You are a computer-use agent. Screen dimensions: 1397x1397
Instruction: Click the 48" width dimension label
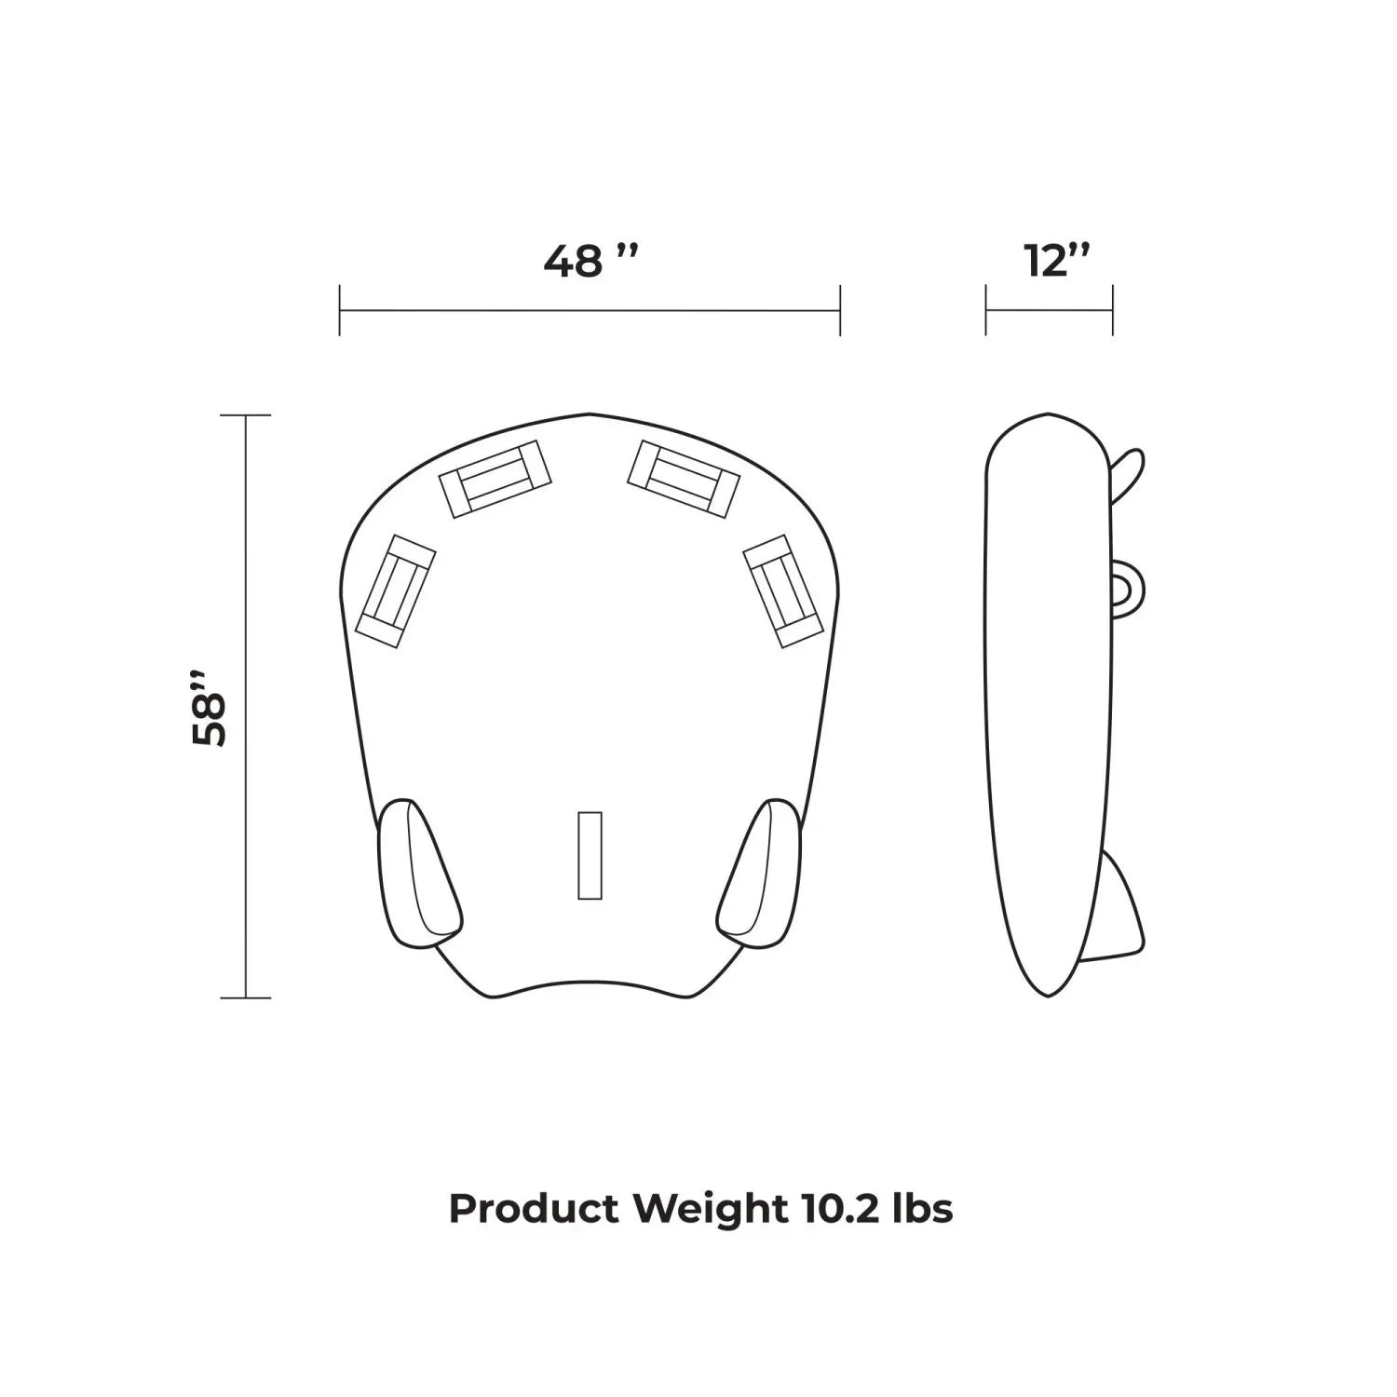point(591,261)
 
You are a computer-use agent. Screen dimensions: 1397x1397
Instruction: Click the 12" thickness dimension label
point(1057,261)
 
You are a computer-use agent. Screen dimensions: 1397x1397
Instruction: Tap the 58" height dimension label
point(210,706)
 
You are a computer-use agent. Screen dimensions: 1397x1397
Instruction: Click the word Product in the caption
point(534,1209)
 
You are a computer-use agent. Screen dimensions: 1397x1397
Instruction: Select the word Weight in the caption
point(709,1210)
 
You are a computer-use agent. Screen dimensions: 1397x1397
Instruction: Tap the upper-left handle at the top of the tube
point(495,479)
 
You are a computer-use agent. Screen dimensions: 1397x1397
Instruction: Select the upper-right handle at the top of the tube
point(684,479)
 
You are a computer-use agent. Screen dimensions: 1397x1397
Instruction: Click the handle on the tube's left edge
point(396,591)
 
